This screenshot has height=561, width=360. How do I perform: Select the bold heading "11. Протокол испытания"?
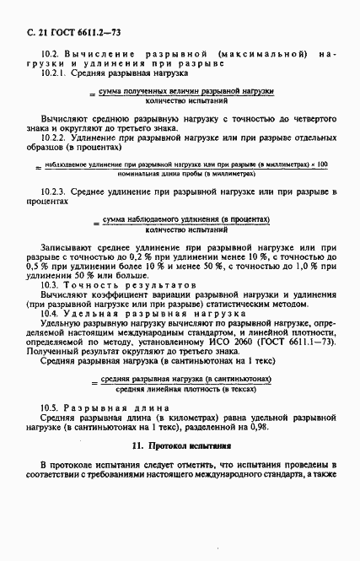coord(180,443)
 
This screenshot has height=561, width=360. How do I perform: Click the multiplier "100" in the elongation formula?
coord(320,162)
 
